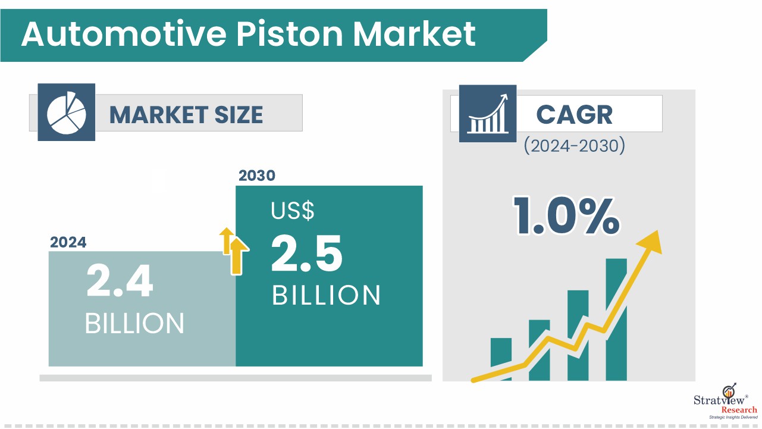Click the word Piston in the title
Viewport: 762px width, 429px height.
pyautogui.click(x=290, y=34)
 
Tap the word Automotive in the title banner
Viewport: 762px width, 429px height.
pyautogui.click(x=124, y=34)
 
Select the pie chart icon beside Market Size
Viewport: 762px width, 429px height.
pyautogui.click(x=67, y=112)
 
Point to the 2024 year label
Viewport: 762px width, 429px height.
pyautogui.click(x=68, y=242)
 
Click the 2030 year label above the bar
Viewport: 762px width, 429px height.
pyautogui.click(x=257, y=176)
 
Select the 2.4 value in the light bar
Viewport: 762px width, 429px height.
pyautogui.click(x=120, y=281)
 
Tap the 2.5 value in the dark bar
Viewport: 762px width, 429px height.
pyautogui.click(x=306, y=253)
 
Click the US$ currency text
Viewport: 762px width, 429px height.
pyautogui.click(x=293, y=211)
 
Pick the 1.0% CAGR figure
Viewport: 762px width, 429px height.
pyautogui.click(x=566, y=216)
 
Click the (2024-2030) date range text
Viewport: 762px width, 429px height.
pyautogui.click(x=574, y=146)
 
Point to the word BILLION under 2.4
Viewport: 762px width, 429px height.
pyautogui.click(x=134, y=323)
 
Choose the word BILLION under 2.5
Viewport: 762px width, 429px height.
pyautogui.click(x=326, y=295)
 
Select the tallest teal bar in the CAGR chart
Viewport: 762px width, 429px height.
pyautogui.click(x=616, y=320)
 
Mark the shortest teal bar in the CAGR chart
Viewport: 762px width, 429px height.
pyautogui.click(x=501, y=359)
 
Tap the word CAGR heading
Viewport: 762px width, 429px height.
pyautogui.click(x=574, y=115)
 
